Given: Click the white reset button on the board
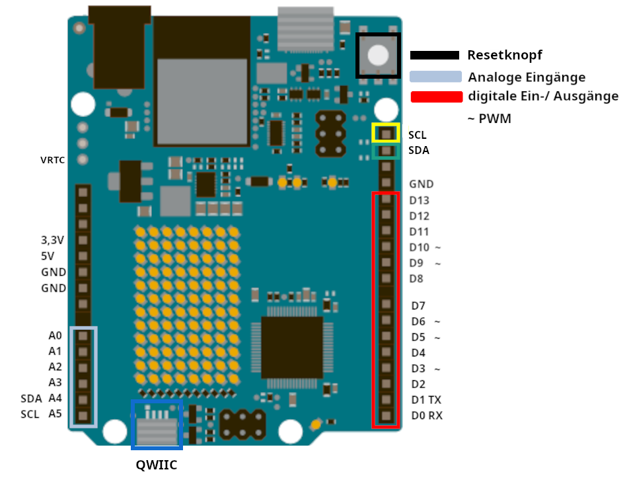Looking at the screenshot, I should pos(378,56).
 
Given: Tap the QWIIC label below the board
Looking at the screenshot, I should pos(157,464).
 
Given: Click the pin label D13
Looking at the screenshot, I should pos(420,200).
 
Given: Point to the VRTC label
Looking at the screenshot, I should pos(53,160).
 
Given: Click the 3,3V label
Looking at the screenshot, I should pos(53,239).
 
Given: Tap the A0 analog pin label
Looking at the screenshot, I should pos(55,335).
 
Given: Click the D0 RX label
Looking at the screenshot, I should pos(427,416).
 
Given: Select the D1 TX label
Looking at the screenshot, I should pos(426,400).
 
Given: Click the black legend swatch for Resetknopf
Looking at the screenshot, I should pos(435,56).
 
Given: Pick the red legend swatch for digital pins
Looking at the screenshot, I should pos(437,97).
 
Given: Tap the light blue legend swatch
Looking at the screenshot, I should pos(435,76).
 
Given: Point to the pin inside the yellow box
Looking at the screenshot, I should pos(385,134).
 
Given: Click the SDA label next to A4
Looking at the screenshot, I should pos(31,399).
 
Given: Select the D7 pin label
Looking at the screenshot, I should pos(418,306).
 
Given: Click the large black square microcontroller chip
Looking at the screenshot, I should pos(292,346).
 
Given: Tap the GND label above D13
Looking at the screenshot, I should pos(422,184).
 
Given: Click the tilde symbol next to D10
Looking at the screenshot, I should pos(437,248).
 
